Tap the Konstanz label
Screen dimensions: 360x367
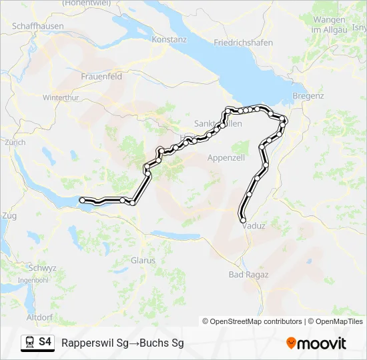pos(169,39)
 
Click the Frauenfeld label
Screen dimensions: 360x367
pos(101,77)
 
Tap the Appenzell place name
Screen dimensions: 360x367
pos(227,157)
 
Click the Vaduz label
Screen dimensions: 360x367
pos(254,225)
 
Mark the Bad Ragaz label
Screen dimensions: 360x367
pos(249,274)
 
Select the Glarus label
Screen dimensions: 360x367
pos(143,260)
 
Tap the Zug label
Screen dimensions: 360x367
pos(9,215)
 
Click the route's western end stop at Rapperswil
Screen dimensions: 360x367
pos(82,199)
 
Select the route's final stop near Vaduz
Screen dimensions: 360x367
pos(243,220)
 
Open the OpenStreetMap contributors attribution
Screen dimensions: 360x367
pos(256,321)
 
